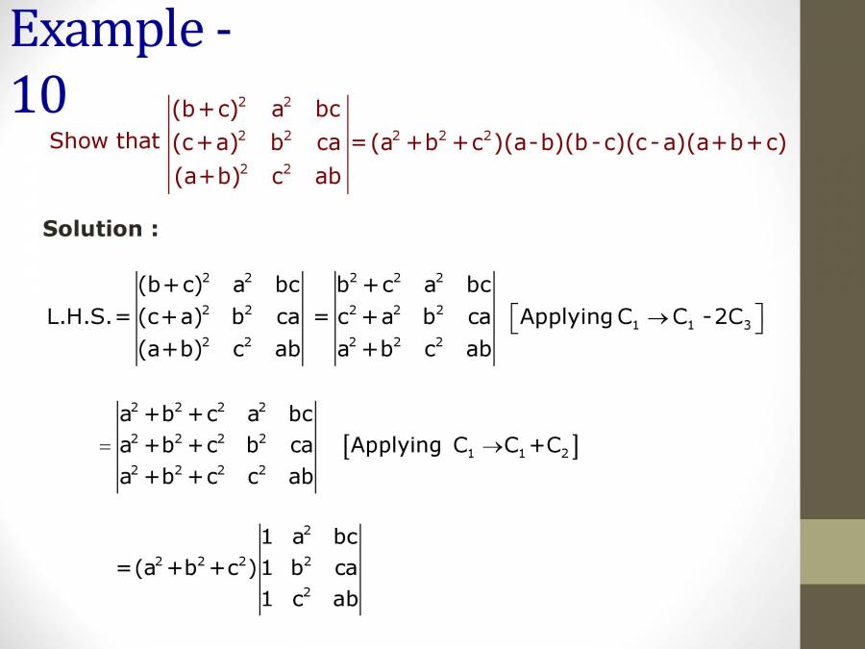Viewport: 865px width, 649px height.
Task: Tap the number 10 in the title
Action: pos(39,95)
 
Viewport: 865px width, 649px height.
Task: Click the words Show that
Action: pos(104,141)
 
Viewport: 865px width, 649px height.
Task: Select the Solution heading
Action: pos(100,229)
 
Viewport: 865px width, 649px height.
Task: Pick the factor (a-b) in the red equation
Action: pos(535,143)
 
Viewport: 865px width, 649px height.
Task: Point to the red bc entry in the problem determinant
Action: pos(328,111)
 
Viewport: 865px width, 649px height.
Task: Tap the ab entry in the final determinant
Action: pos(345,600)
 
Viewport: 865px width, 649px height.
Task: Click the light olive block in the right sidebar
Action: pos(832,552)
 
